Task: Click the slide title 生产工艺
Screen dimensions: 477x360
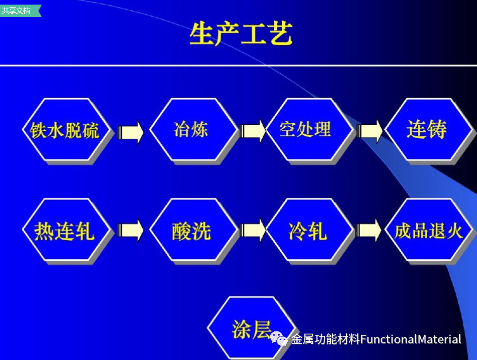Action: point(241,33)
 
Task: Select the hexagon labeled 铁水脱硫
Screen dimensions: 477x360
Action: point(65,130)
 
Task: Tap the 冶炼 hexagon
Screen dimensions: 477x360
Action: point(193,130)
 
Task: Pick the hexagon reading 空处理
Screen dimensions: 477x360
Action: point(309,130)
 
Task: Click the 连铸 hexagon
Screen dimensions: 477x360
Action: point(428,130)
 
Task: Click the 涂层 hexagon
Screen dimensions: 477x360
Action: point(251,328)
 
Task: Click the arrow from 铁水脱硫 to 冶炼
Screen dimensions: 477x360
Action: point(130,132)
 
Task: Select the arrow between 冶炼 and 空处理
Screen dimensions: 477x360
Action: point(252,131)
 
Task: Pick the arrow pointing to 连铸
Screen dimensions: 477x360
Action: point(369,131)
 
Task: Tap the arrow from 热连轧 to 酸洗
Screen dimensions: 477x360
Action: point(130,230)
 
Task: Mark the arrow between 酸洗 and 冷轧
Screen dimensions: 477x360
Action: point(252,230)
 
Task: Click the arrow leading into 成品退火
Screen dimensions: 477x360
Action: point(369,230)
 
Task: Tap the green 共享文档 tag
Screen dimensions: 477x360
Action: point(20,11)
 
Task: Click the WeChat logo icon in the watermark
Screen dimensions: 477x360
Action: point(279,338)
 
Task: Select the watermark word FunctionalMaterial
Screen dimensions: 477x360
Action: point(411,339)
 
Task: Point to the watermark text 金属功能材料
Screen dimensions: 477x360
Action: point(326,339)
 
